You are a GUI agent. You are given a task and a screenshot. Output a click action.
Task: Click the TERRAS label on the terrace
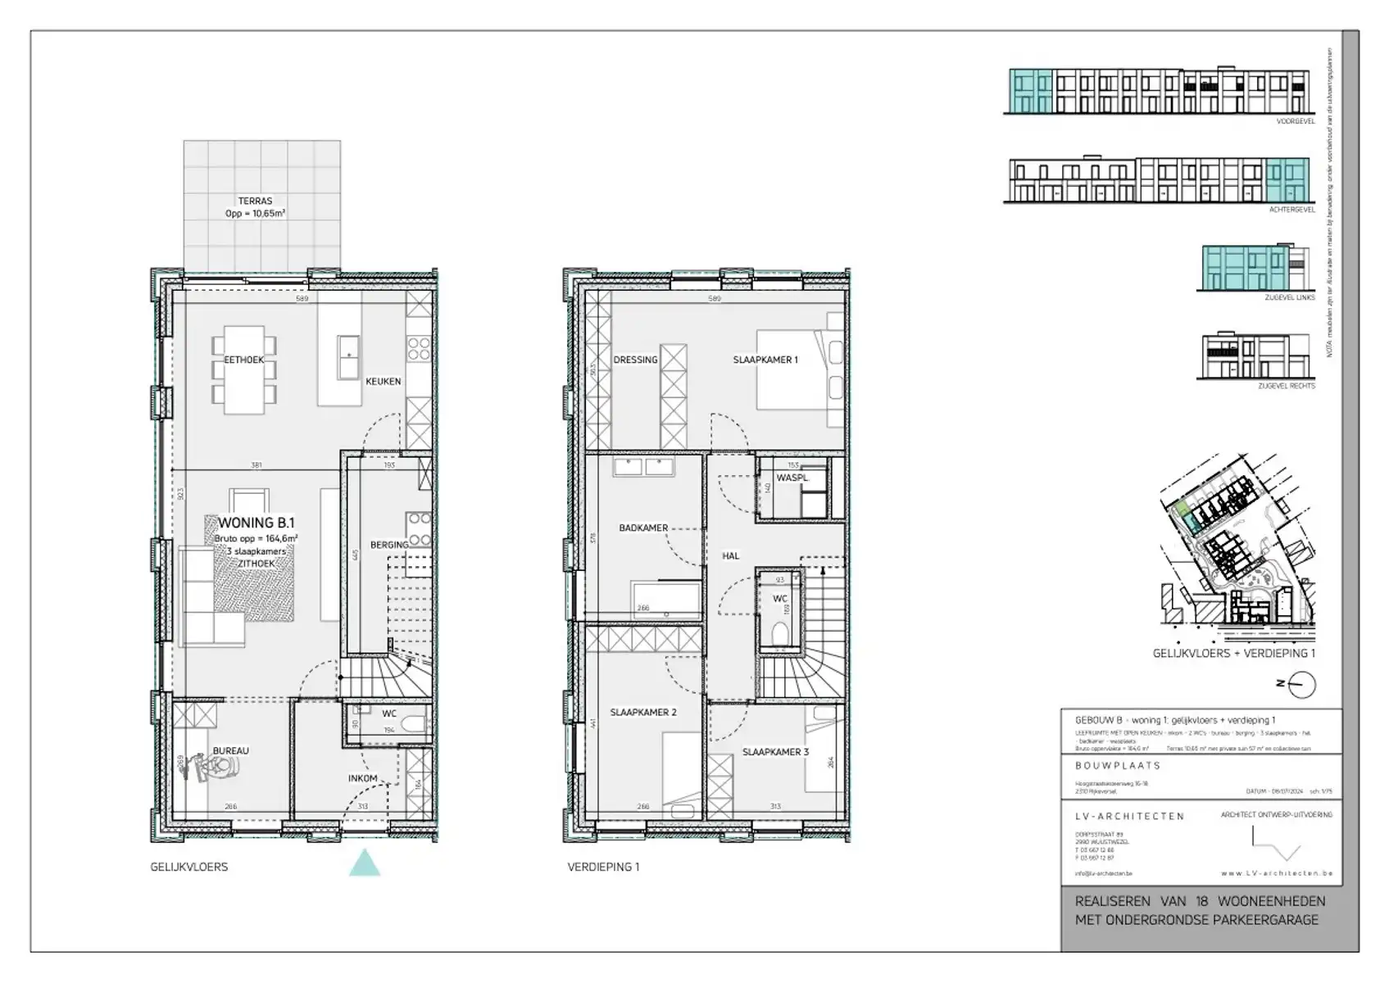coord(255,201)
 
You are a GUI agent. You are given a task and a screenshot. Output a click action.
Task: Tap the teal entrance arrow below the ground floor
coord(365,864)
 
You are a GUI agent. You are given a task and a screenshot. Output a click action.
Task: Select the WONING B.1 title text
coord(256,523)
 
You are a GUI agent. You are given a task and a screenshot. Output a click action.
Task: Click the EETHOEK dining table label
coord(243,360)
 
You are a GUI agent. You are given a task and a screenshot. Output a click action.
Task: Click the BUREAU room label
coord(230,750)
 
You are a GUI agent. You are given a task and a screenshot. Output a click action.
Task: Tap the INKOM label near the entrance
coord(362,778)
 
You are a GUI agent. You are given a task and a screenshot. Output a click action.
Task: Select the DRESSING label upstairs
coord(635,360)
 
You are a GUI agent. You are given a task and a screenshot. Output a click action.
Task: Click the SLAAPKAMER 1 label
coord(765,360)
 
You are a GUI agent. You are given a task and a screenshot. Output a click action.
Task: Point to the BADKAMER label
coord(643,528)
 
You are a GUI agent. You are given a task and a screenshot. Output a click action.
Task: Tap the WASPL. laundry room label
coord(792,478)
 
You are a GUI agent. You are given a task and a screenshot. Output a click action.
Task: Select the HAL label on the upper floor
coord(730,555)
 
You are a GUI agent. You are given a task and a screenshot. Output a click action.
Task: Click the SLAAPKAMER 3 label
coord(775,752)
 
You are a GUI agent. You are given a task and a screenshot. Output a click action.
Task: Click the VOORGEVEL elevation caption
coord(1295,121)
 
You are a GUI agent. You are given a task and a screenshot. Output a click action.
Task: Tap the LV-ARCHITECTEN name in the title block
coord(1129,816)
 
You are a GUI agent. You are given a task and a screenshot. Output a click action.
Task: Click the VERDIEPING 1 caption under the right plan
coord(603,867)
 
